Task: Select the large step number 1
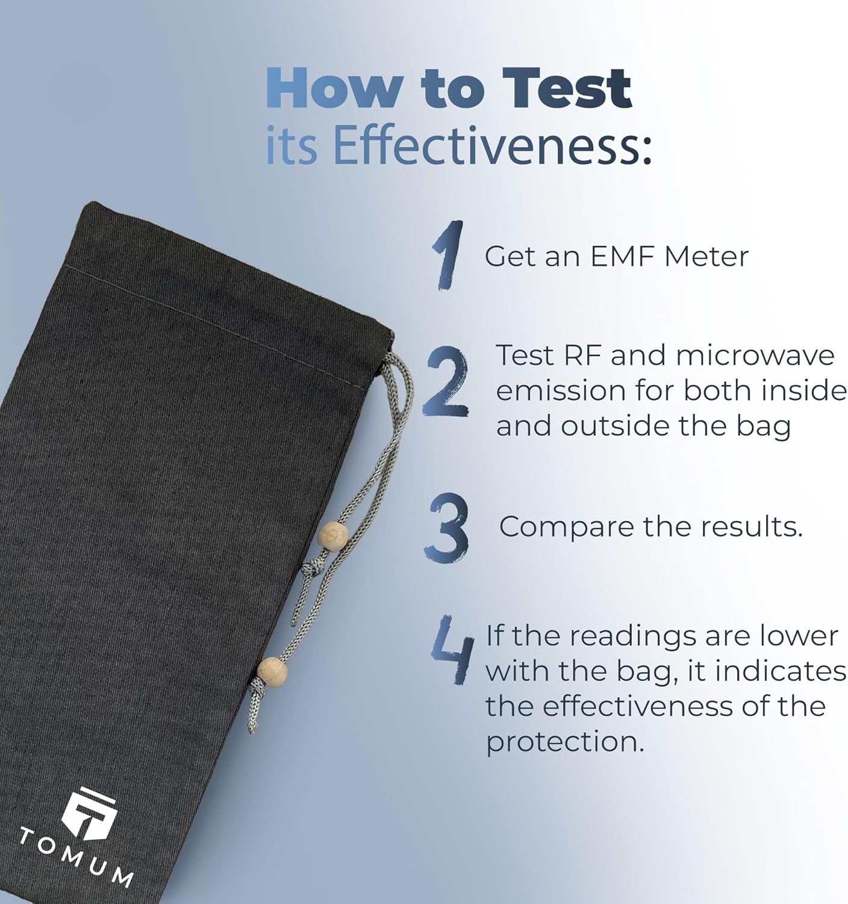[x=448, y=255]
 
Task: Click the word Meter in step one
[x=706, y=256]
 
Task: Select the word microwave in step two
[x=755, y=356]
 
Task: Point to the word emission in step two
[x=561, y=391]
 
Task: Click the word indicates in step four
[x=773, y=671]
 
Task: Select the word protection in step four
[x=565, y=742]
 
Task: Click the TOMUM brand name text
[x=76, y=857]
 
